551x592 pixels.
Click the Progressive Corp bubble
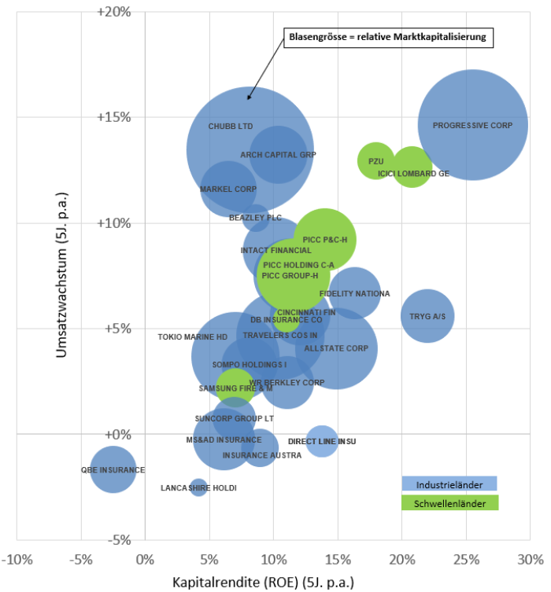pos(472,124)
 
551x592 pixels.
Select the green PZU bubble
pos(376,160)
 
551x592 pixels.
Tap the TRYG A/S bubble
pos(427,316)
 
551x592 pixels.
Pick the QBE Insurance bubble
pos(113,469)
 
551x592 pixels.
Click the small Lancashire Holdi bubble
pos(198,487)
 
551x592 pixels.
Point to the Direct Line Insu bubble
pos(321,441)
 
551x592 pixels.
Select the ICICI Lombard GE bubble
pos(411,167)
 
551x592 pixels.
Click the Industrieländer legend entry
pos(449,484)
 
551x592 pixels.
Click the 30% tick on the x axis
pos(530,560)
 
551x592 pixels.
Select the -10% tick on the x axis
pos(17,560)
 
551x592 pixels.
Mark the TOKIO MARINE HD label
pos(192,336)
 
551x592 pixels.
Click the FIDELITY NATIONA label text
pos(354,294)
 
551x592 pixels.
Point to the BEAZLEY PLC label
pos(255,217)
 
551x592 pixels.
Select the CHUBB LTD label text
pos(231,126)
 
